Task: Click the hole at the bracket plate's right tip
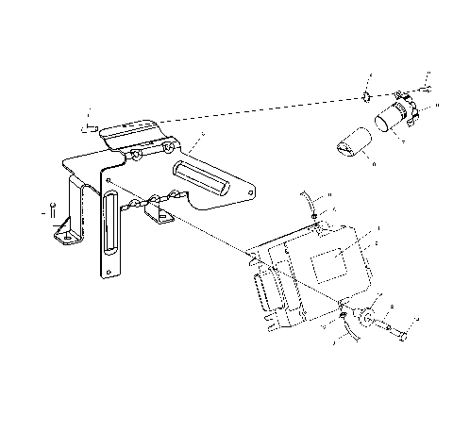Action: (246, 191)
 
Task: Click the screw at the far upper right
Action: (426, 88)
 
